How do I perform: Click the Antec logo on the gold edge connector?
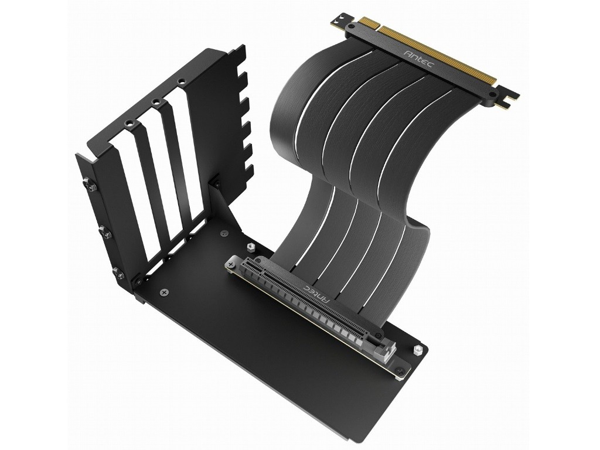(418, 58)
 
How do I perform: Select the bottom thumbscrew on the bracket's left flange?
(117, 272)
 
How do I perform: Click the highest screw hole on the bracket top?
(180, 81)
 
